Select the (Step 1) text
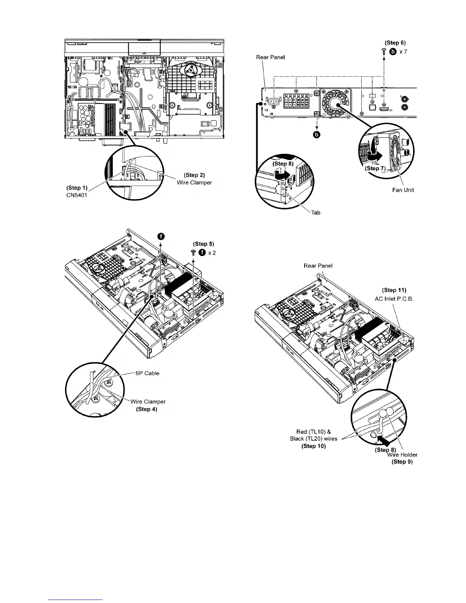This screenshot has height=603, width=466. (77, 188)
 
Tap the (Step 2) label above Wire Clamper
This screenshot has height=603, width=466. (195, 175)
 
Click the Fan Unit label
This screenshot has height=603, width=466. (403, 190)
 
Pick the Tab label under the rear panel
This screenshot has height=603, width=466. (316, 212)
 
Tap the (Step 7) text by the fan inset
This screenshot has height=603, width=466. (375, 168)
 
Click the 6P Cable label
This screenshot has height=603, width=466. (147, 373)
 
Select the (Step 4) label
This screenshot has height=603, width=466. (147, 409)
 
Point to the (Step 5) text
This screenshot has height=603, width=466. (204, 244)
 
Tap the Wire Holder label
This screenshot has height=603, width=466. (402, 455)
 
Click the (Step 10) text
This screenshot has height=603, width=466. (313, 446)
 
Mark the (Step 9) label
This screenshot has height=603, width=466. (402, 462)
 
